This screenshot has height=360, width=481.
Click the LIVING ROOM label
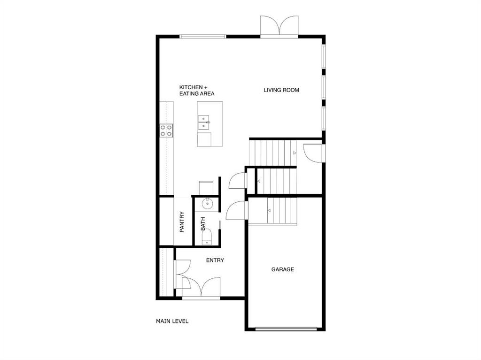click(281, 90)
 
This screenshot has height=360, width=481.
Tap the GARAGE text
click(282, 269)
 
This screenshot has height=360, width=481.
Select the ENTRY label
click(215, 260)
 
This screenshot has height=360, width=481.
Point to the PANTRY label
click(182, 222)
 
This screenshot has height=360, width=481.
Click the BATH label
click(203, 224)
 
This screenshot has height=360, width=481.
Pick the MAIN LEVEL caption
click(172, 321)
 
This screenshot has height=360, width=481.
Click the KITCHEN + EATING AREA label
click(197, 91)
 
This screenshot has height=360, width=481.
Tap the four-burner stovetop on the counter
click(166, 130)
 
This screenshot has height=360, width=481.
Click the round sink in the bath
click(208, 203)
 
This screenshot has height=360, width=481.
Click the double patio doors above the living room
click(279, 27)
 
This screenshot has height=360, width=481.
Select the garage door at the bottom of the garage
click(286, 329)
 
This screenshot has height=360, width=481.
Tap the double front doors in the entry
click(201, 287)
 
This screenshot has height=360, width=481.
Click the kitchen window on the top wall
click(203, 37)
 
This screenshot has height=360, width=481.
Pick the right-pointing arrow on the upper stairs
click(295, 153)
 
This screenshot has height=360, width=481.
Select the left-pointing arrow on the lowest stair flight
click(269, 210)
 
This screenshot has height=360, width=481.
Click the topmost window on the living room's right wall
click(324, 56)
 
